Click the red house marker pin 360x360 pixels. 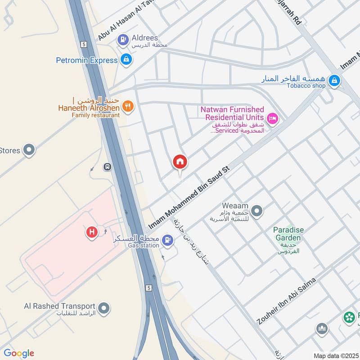(x=180, y=162)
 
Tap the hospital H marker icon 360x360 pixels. (x=92, y=232)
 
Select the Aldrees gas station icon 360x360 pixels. (x=123, y=40)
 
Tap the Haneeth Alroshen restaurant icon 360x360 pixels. (x=128, y=107)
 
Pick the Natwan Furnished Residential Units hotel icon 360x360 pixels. (x=273, y=119)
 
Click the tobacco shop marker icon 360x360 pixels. (x=334, y=81)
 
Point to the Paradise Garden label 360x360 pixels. (x=288, y=234)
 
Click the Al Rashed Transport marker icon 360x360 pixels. (x=104, y=309)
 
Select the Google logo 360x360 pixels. (x=19, y=353)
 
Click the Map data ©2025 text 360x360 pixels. (x=335, y=355)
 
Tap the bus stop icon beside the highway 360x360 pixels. (x=108, y=167)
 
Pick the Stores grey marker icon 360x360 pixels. (x=29, y=150)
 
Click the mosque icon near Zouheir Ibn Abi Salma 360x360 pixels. (x=321, y=328)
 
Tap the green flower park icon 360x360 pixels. (x=349, y=318)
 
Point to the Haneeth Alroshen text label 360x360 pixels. (x=89, y=108)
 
